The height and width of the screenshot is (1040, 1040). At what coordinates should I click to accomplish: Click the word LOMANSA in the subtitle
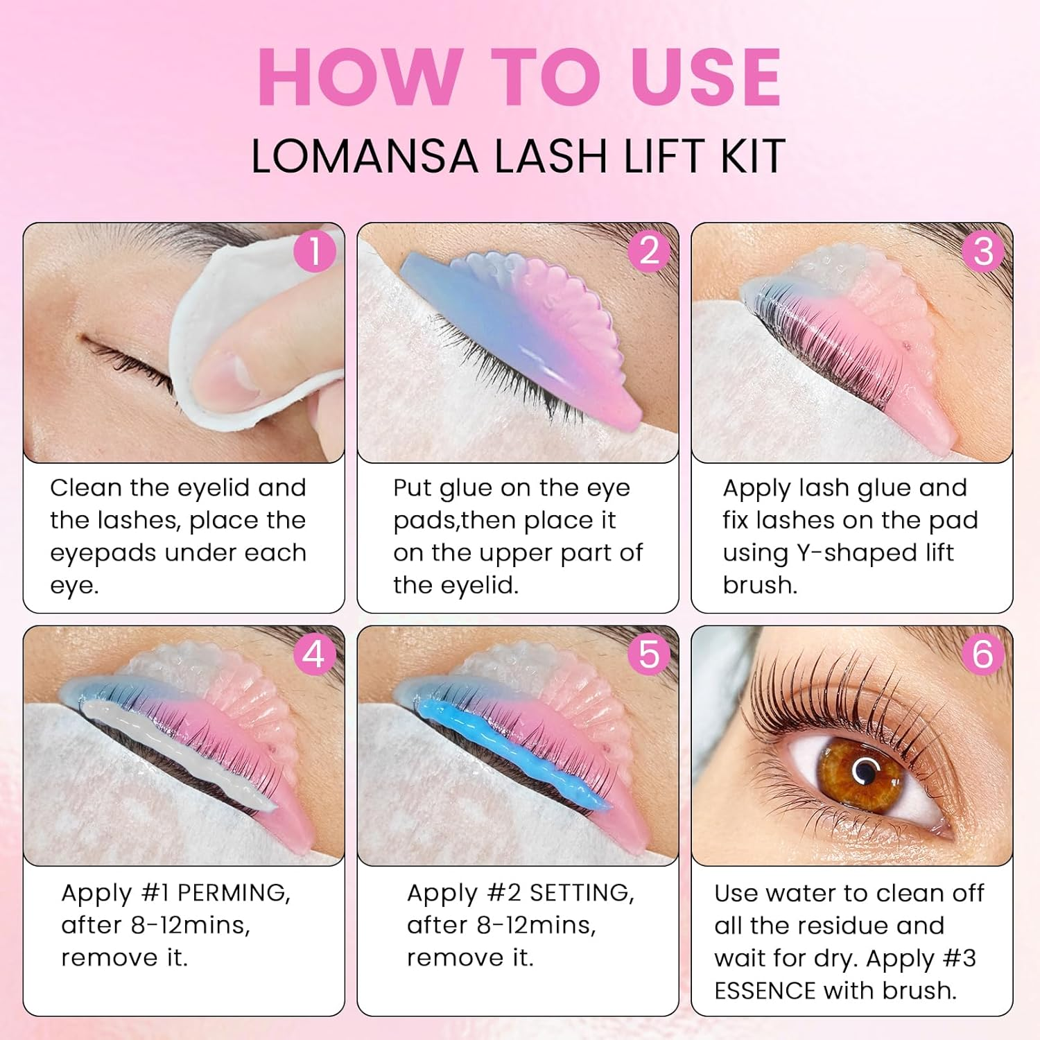point(365,156)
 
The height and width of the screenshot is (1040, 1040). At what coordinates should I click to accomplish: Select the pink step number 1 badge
point(314,251)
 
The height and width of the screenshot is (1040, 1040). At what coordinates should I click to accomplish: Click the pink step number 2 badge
point(649,251)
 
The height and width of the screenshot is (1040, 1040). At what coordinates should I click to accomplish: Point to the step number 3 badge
point(983,251)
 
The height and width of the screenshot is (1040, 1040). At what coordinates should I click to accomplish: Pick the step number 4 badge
point(314,655)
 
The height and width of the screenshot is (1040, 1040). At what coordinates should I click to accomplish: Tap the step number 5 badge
point(649,655)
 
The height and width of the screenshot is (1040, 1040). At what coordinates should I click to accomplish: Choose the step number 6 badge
point(983,655)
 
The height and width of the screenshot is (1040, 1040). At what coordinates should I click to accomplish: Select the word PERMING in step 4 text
point(234,893)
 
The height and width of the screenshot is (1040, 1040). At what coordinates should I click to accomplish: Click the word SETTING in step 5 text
point(582,893)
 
